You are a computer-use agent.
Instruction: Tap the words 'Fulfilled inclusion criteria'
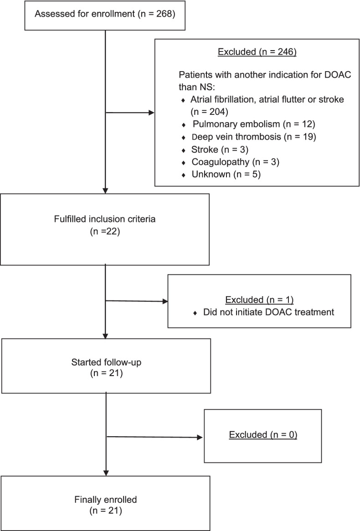click(x=105, y=219)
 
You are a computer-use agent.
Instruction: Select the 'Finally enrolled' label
click(x=105, y=499)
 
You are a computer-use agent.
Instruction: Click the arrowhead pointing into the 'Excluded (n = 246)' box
click(x=152, y=112)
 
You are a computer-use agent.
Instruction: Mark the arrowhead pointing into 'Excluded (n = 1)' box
click(x=165, y=301)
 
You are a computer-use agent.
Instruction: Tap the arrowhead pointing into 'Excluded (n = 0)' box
click(x=201, y=437)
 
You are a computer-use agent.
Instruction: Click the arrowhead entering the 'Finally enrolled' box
click(x=106, y=473)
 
